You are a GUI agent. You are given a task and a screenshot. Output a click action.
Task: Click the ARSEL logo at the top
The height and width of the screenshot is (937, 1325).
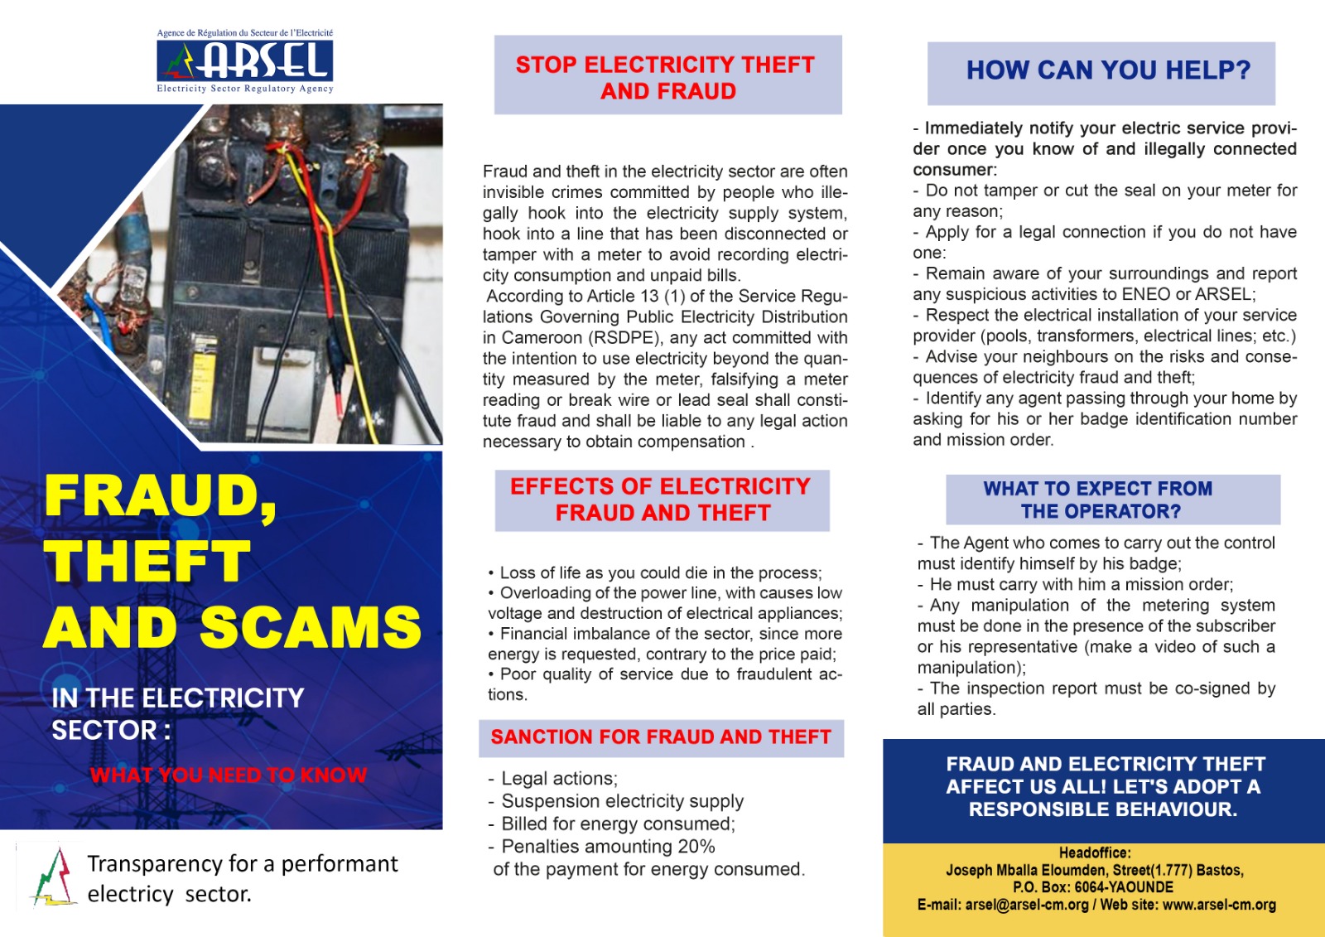(x=245, y=61)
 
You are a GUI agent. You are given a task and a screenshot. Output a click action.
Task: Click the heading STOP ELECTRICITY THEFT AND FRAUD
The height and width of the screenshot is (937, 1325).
(x=667, y=77)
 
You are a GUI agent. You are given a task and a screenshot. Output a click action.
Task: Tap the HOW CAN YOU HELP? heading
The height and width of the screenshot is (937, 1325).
(x=1108, y=70)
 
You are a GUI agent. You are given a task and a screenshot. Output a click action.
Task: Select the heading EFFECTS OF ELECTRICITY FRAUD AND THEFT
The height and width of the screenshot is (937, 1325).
(x=662, y=500)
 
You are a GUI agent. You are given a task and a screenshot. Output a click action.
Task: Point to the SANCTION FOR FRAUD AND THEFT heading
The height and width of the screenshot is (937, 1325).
(x=661, y=737)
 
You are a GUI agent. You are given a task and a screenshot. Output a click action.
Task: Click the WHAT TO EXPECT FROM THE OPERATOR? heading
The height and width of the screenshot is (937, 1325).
(x=1099, y=500)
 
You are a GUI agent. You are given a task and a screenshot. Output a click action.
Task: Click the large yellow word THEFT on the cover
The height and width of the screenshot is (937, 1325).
(x=147, y=561)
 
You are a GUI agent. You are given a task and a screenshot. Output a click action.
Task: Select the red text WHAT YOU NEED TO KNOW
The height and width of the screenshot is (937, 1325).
(x=229, y=775)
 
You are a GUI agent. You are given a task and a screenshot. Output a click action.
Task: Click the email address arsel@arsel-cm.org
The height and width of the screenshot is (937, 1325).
(x=1027, y=905)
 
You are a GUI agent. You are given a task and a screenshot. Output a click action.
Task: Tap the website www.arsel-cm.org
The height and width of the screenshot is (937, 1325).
(x=1219, y=905)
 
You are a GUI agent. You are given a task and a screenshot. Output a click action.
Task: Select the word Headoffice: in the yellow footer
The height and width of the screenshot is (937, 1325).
(x=1095, y=852)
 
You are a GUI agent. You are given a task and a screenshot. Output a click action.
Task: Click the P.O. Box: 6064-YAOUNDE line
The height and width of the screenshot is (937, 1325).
(x=1093, y=887)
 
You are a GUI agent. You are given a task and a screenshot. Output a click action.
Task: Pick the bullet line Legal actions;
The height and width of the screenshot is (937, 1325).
(x=559, y=779)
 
